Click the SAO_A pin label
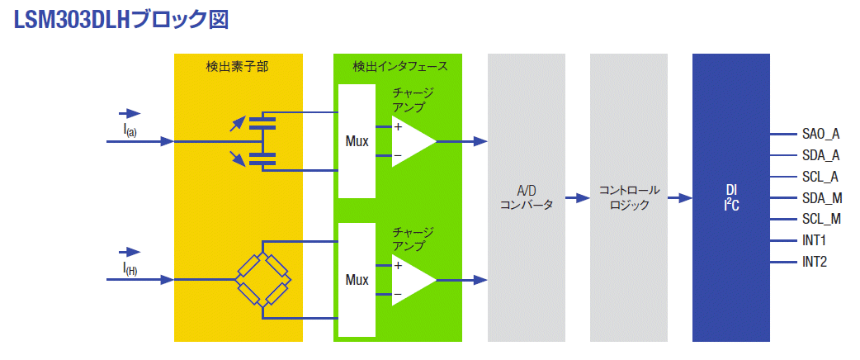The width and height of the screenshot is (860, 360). [x=820, y=135]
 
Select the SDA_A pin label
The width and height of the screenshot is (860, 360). [x=820, y=156]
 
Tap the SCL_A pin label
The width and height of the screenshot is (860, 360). [x=820, y=177]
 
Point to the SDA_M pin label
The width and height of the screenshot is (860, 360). [x=821, y=198]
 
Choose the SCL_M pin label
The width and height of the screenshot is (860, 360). [x=821, y=220]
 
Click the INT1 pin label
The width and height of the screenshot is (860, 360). [x=814, y=240]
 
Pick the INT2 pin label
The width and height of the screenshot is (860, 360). [x=814, y=262]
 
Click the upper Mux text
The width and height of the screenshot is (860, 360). [x=357, y=141]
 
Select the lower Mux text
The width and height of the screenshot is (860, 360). [x=357, y=280]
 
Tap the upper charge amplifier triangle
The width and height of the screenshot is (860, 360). [x=413, y=141]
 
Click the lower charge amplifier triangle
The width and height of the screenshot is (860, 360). [x=413, y=281]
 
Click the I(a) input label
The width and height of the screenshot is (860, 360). [x=130, y=130]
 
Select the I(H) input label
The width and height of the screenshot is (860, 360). [x=130, y=269]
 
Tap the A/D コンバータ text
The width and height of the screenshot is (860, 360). [x=527, y=198]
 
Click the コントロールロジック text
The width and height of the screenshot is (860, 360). [x=629, y=198]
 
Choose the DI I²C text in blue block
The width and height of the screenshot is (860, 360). [x=731, y=198]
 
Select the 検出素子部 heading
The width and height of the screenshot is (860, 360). [x=238, y=67]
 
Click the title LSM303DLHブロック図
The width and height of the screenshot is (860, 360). [x=119, y=19]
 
